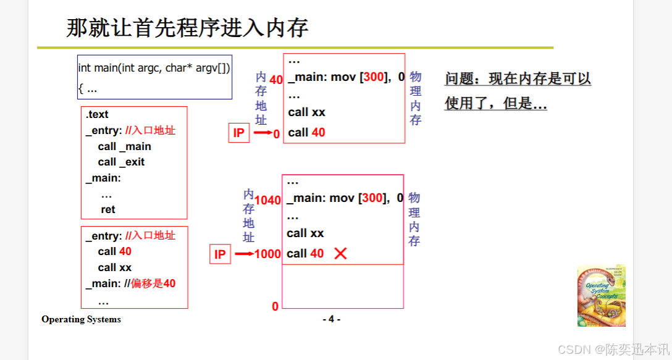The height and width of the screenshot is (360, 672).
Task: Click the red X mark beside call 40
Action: click(340, 253)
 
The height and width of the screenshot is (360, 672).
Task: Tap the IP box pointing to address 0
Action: click(238, 133)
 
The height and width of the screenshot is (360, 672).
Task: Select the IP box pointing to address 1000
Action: click(220, 254)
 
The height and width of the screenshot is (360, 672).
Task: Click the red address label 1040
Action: click(267, 200)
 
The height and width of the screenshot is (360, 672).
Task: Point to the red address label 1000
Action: click(267, 254)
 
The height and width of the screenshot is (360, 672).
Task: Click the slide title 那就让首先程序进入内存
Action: click(187, 28)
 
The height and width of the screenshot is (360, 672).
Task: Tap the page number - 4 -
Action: click(331, 319)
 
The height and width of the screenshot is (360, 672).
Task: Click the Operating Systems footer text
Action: click(81, 319)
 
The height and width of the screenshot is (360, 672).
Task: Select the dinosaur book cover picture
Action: click(601, 296)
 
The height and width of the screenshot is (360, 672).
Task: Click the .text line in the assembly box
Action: click(97, 114)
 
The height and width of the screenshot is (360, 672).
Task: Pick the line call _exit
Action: click(121, 162)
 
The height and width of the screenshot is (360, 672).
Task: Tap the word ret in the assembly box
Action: click(108, 209)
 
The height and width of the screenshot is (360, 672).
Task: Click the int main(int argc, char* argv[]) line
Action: click(154, 68)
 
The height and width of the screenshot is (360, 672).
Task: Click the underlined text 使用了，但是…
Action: click(495, 104)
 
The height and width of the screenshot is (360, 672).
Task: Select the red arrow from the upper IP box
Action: click(262, 133)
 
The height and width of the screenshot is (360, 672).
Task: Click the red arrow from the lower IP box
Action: click(244, 254)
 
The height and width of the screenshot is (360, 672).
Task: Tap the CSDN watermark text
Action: click(613, 350)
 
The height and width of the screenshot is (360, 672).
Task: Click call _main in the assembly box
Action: click(124, 146)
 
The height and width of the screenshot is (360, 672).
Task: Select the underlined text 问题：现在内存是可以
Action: click(518, 79)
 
